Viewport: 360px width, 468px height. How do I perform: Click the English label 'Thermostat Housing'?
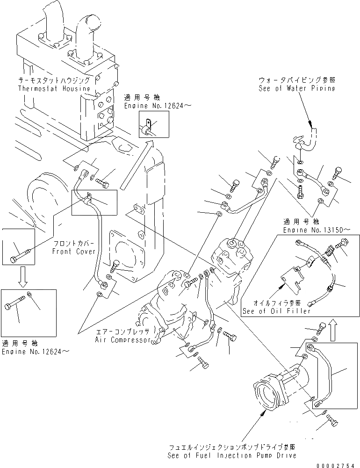(54, 89)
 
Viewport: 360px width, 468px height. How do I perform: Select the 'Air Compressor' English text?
(123, 340)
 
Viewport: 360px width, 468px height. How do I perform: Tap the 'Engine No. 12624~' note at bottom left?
(36, 351)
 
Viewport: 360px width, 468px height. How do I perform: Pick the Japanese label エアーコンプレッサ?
(122, 332)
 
